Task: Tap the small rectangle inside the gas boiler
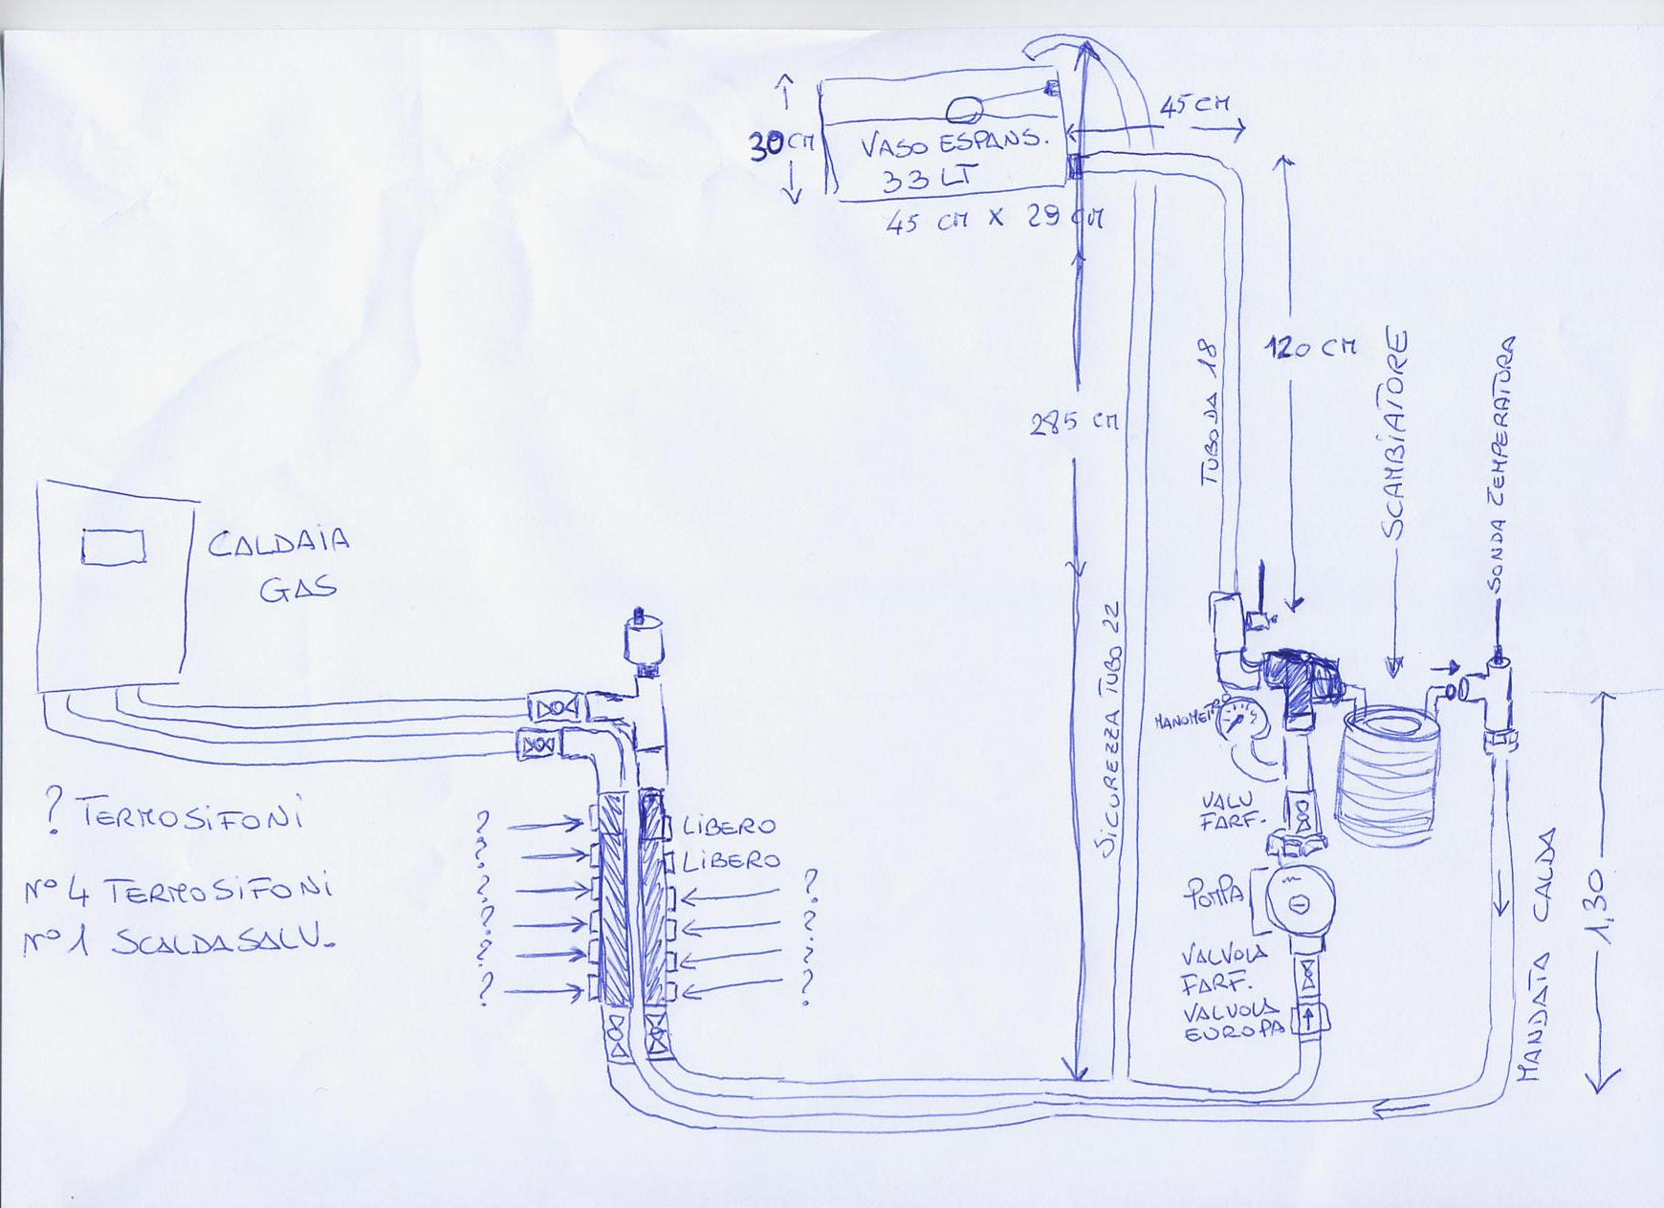pyautogui.click(x=113, y=547)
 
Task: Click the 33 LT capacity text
pyautogui.click(x=923, y=178)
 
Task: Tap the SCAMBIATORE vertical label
pyautogui.click(x=1396, y=435)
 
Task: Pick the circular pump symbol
pyautogui.click(x=1298, y=901)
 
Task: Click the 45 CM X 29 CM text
pyautogui.click(x=995, y=221)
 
